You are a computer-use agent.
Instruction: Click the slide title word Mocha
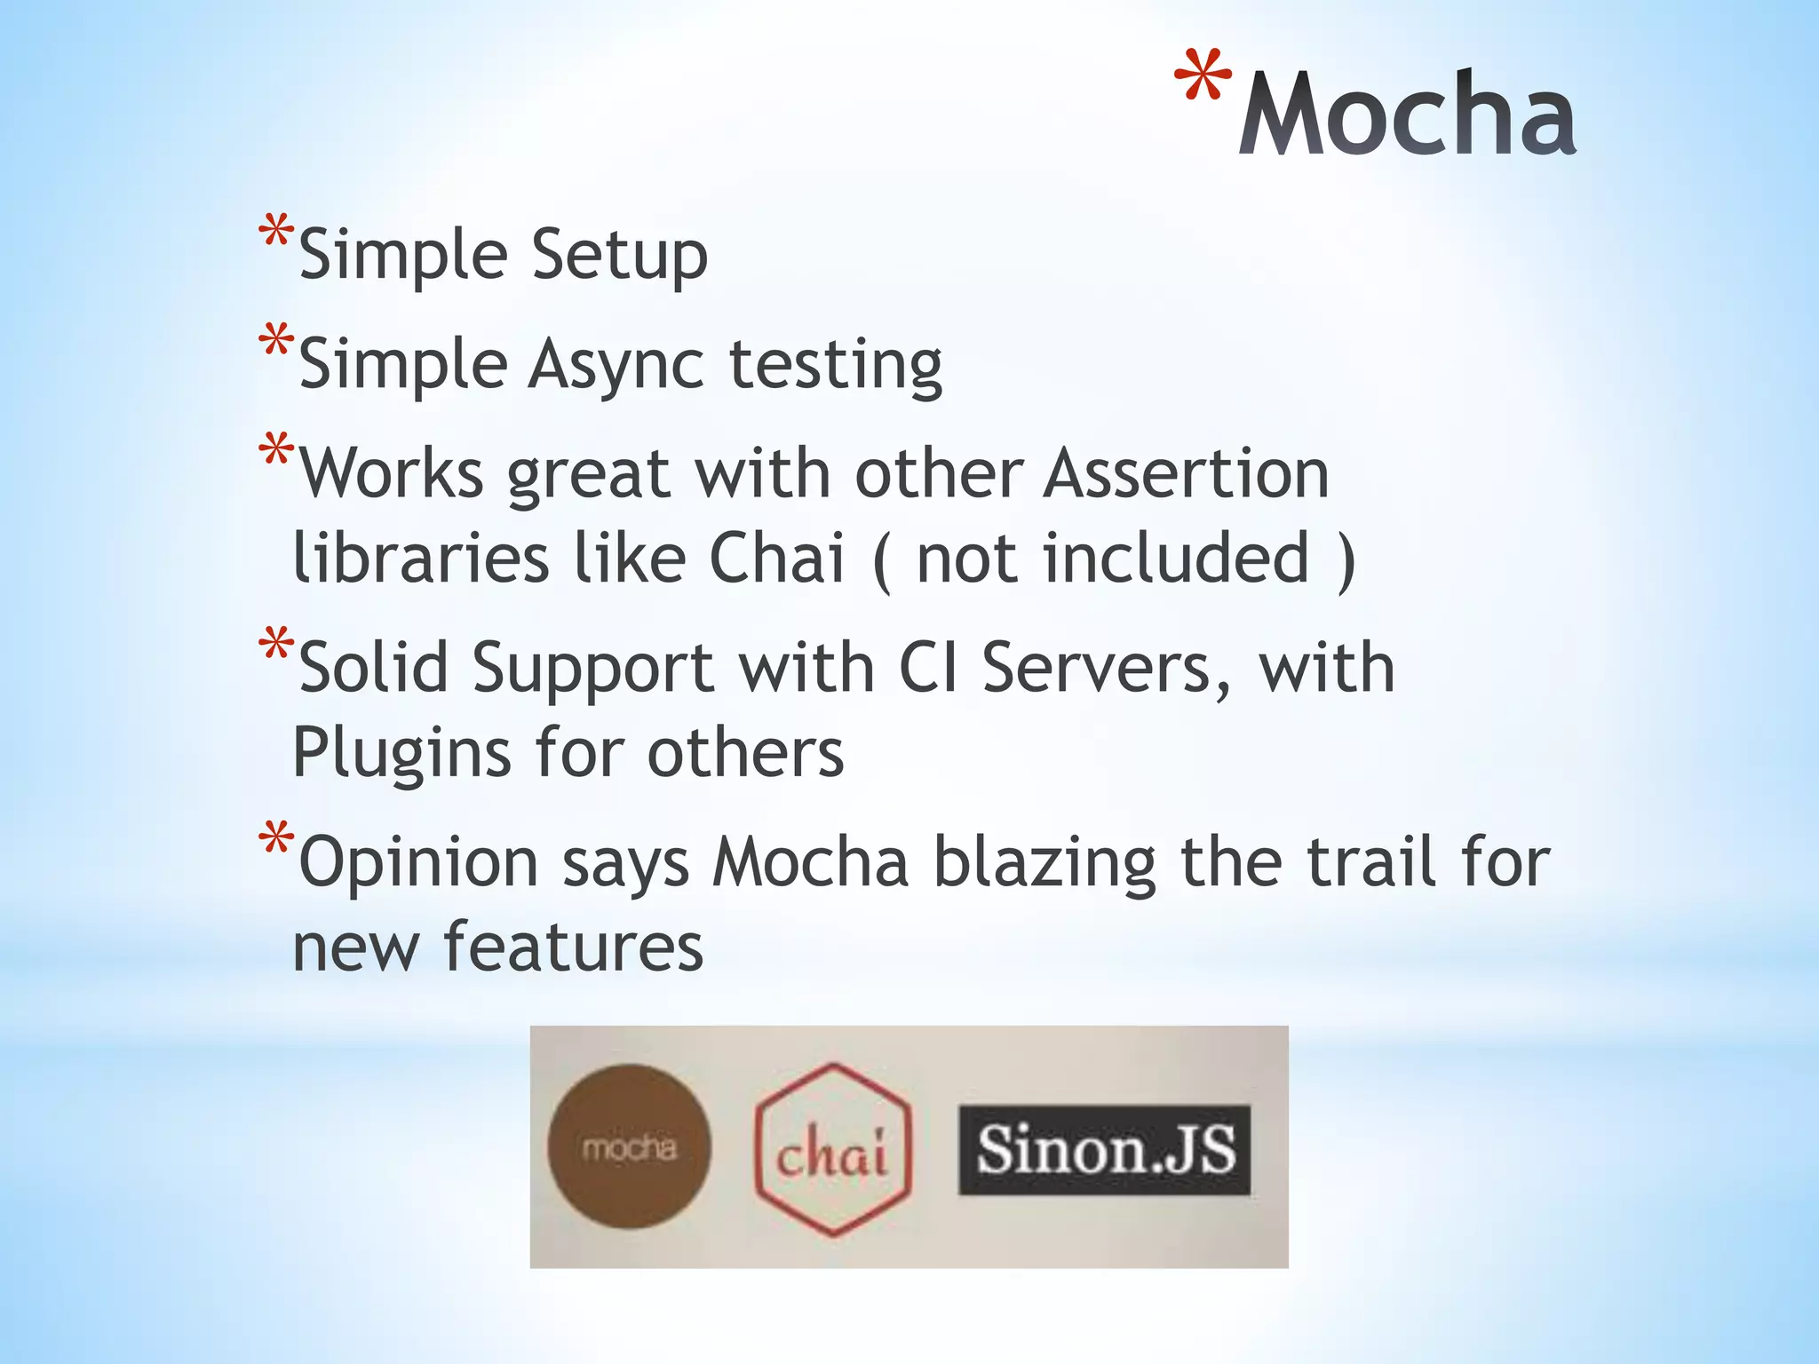pos(1407,115)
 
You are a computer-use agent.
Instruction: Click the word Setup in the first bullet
pos(619,255)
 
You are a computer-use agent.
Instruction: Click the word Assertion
pos(1186,473)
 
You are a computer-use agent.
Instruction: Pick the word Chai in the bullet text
pos(776,559)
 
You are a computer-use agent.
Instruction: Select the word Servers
pos(1106,668)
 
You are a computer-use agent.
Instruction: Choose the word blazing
pos(1045,863)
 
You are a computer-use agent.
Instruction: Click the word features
pos(573,947)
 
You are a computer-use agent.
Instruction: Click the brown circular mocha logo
pos(630,1146)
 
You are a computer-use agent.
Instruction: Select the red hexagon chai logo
pos(832,1149)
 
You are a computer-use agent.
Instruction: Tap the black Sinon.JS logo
pos(1105,1150)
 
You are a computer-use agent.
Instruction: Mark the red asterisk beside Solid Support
pos(276,646)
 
